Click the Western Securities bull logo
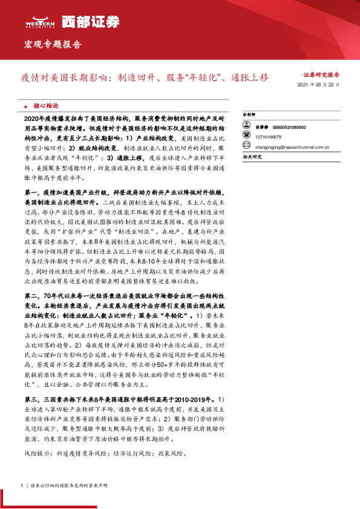point(36,19)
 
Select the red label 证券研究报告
point(321,76)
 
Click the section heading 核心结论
point(46,104)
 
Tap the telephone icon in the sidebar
point(247,137)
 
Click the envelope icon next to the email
point(247,146)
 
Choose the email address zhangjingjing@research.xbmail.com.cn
point(293,146)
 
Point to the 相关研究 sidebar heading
point(252,157)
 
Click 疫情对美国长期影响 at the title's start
point(63,78)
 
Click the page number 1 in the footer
point(22,485)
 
